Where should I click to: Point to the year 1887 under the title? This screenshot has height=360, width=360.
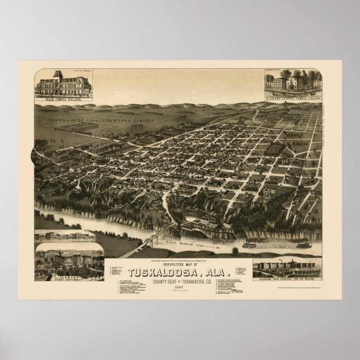(x=179, y=279)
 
